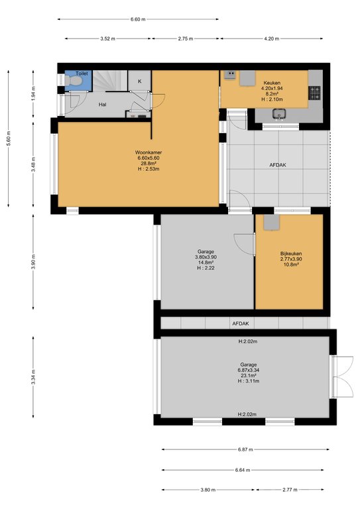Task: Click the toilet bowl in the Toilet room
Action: click(73, 80)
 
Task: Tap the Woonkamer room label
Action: click(149, 152)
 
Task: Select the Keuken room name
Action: click(272, 83)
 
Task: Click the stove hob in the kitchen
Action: click(314, 93)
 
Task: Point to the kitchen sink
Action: click(279, 114)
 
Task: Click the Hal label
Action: click(103, 105)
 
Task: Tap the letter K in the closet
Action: click(140, 81)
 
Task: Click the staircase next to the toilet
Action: click(110, 80)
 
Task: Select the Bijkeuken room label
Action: click(291, 254)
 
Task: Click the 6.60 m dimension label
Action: click(138, 19)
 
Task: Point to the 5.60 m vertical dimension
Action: click(9, 138)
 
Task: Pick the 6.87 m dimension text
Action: click(245, 449)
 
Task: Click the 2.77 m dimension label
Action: click(290, 490)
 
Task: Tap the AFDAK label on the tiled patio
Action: click(278, 165)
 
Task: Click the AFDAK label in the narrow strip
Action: click(241, 323)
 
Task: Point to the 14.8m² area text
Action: click(206, 262)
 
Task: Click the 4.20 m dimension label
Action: click(271, 38)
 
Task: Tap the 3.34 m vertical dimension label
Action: click(33, 377)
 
